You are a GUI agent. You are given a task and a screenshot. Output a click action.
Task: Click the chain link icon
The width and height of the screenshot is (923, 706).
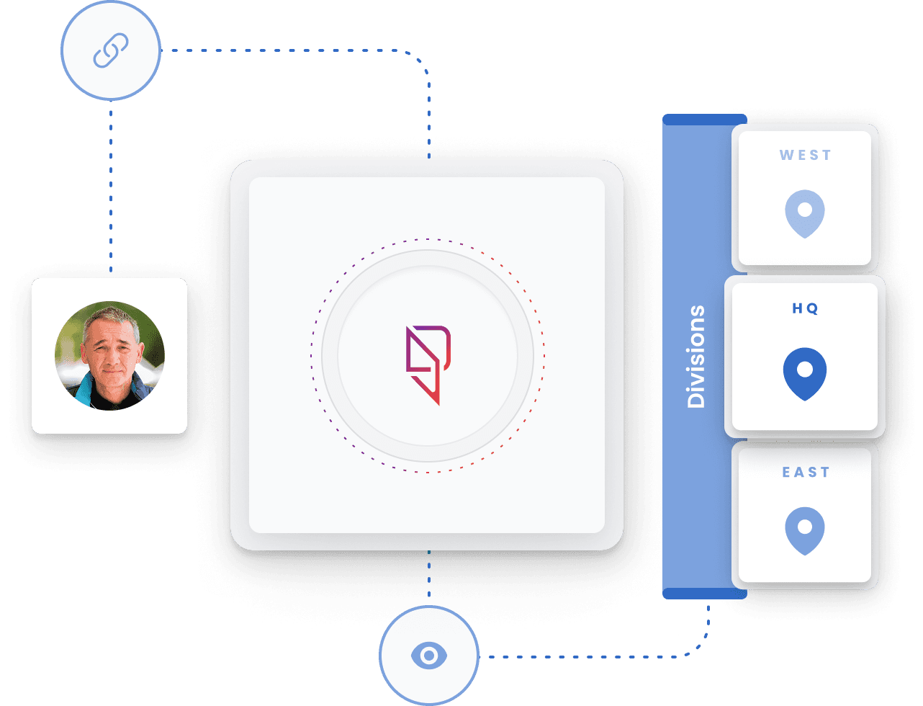(110, 50)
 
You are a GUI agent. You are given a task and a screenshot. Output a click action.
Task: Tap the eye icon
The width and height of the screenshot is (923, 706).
(429, 656)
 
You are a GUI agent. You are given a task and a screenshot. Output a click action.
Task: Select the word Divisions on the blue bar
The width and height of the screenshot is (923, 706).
(696, 357)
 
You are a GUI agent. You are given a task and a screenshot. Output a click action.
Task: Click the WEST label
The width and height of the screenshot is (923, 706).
(805, 155)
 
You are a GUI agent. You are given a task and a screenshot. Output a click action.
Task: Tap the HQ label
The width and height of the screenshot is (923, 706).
(805, 308)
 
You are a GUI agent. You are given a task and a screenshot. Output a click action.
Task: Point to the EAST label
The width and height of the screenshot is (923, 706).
(805, 473)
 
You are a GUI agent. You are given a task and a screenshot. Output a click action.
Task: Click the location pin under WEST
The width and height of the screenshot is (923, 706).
(805, 214)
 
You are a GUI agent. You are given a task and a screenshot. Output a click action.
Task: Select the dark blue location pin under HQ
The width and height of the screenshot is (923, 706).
(805, 374)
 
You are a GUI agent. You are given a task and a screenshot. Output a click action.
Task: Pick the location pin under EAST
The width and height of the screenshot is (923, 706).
(805, 531)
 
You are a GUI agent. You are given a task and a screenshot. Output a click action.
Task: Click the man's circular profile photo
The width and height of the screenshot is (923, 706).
(109, 356)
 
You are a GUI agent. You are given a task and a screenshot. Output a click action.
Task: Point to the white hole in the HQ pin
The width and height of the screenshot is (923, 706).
(805, 369)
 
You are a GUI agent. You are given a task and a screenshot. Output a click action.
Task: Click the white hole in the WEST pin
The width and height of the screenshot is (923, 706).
(805, 210)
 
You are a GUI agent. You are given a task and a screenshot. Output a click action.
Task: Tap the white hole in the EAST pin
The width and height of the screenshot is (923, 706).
(805, 527)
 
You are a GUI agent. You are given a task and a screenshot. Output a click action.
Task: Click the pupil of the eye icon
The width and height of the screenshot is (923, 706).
(429, 656)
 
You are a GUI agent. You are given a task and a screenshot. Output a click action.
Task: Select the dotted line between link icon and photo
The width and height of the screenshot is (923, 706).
(110, 187)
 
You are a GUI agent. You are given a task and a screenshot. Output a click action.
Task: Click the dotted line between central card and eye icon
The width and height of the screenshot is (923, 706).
(429, 576)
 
